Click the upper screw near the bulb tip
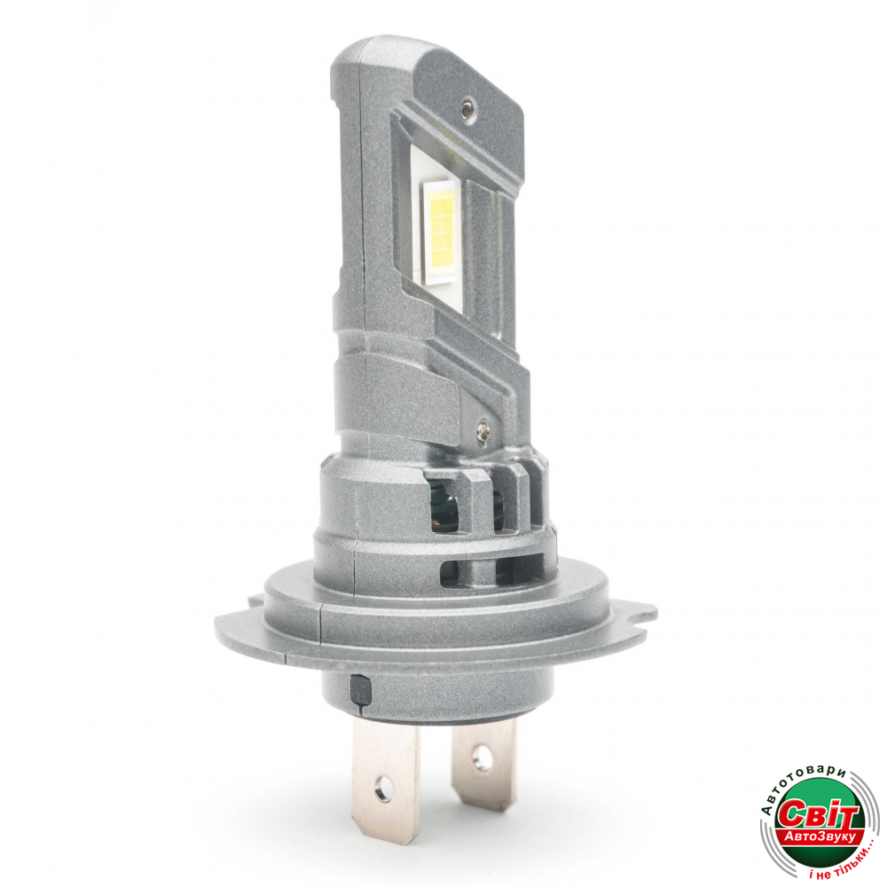467,108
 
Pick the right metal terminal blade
483,765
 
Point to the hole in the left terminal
385,786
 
